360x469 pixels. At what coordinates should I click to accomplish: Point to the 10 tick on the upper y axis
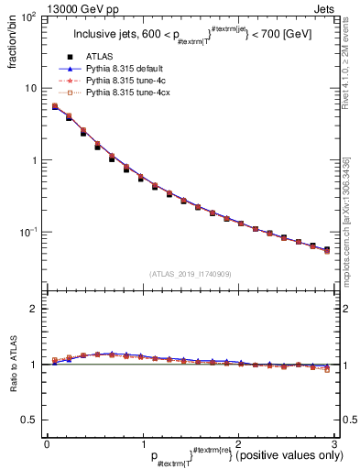point(30,88)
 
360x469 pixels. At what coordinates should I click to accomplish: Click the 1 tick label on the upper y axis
point(33,160)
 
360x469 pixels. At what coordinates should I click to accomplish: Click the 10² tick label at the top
point(28,17)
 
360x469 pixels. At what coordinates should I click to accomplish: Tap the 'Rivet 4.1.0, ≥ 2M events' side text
point(347,73)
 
